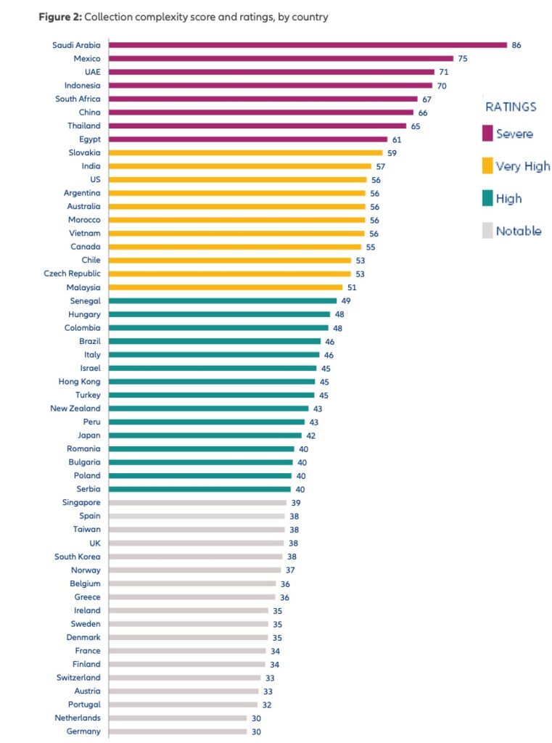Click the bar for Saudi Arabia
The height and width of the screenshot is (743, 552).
tap(308, 45)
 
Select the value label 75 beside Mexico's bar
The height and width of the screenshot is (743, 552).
tap(463, 58)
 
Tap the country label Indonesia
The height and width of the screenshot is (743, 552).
tap(82, 85)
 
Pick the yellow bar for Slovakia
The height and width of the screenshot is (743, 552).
tap(246, 152)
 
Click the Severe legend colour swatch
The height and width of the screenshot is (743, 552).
tap(487, 134)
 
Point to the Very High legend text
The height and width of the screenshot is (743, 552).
tap(523, 166)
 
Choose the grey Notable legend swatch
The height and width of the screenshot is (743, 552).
tap(487, 231)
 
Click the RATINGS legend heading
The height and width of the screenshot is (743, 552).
tap(511, 107)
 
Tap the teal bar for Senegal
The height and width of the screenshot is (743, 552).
tap(223, 300)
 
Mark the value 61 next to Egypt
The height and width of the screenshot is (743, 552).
tap(397, 139)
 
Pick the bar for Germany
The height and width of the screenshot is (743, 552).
tap(178, 731)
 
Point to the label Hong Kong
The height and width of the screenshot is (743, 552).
tap(79, 382)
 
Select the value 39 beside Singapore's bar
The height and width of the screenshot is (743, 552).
tap(296, 503)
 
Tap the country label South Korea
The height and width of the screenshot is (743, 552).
tap(77, 557)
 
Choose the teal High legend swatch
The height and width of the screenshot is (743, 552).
tap(487, 199)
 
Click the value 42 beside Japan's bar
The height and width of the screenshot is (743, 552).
tap(310, 435)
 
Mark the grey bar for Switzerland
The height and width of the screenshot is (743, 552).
tap(185, 678)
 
